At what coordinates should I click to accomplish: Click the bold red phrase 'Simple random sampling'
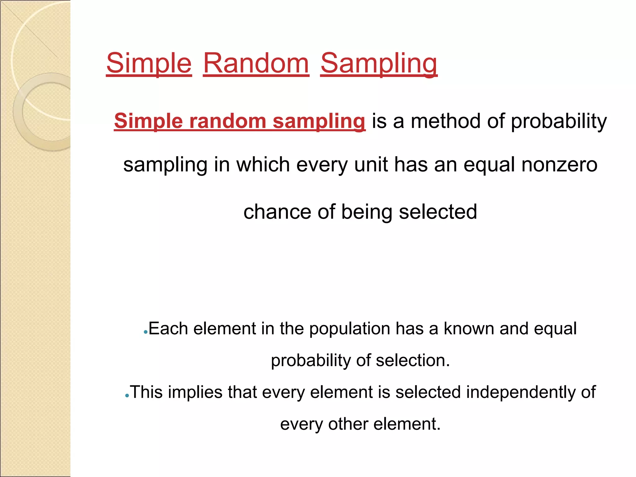[239, 121]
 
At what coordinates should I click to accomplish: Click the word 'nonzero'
[559, 165]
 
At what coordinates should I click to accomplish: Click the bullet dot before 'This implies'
[127, 396]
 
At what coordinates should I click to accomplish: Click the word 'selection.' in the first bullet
[413, 361]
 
